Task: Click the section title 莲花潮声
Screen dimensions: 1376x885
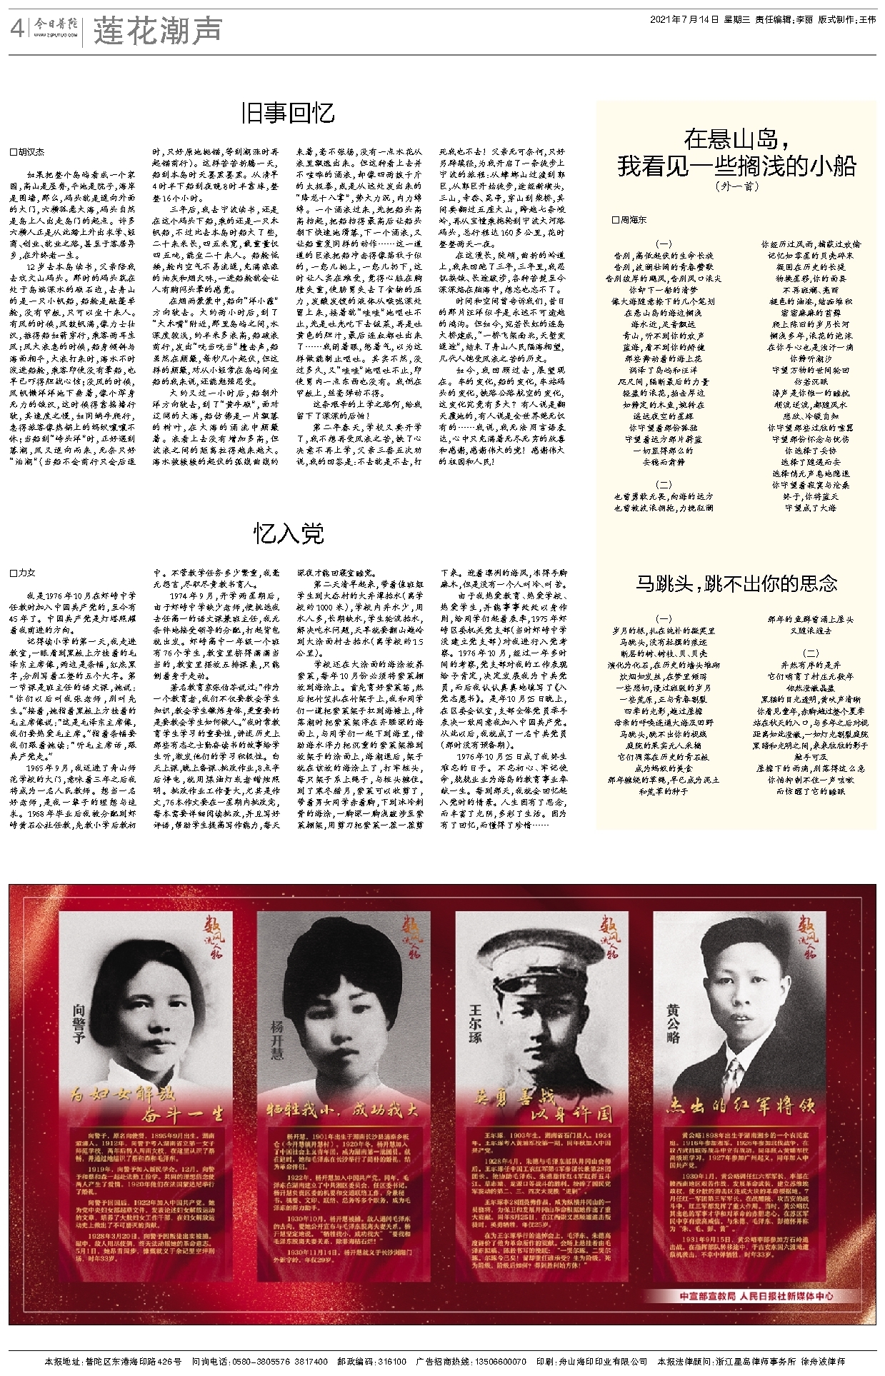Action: (x=158, y=30)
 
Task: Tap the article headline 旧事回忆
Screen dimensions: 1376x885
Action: (x=288, y=113)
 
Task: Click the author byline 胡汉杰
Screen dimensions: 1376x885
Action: (x=31, y=152)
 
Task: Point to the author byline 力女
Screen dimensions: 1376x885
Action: (x=26, y=573)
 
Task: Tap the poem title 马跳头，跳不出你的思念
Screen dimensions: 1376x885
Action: (x=736, y=583)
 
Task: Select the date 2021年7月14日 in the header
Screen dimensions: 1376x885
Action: (x=683, y=20)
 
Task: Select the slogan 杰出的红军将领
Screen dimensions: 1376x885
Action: (x=740, y=1106)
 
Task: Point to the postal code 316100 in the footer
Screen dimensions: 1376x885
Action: (x=392, y=1362)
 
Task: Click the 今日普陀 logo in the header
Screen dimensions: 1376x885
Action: (x=58, y=29)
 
